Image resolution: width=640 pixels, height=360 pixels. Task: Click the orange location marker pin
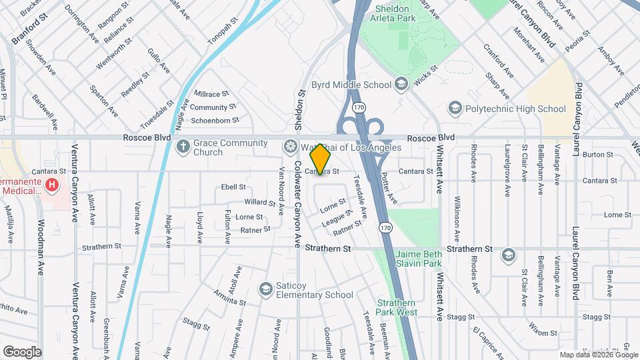click(x=321, y=159)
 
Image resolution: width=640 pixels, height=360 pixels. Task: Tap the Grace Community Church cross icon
click(x=183, y=146)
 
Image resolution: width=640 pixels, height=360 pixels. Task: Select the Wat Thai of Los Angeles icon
click(x=290, y=146)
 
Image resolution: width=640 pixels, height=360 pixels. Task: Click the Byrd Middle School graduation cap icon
click(x=401, y=84)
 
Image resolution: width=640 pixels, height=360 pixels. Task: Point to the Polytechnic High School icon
click(x=455, y=108)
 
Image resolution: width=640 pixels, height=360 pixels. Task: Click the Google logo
click(x=22, y=351)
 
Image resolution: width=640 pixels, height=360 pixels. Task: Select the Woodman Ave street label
click(x=41, y=248)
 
